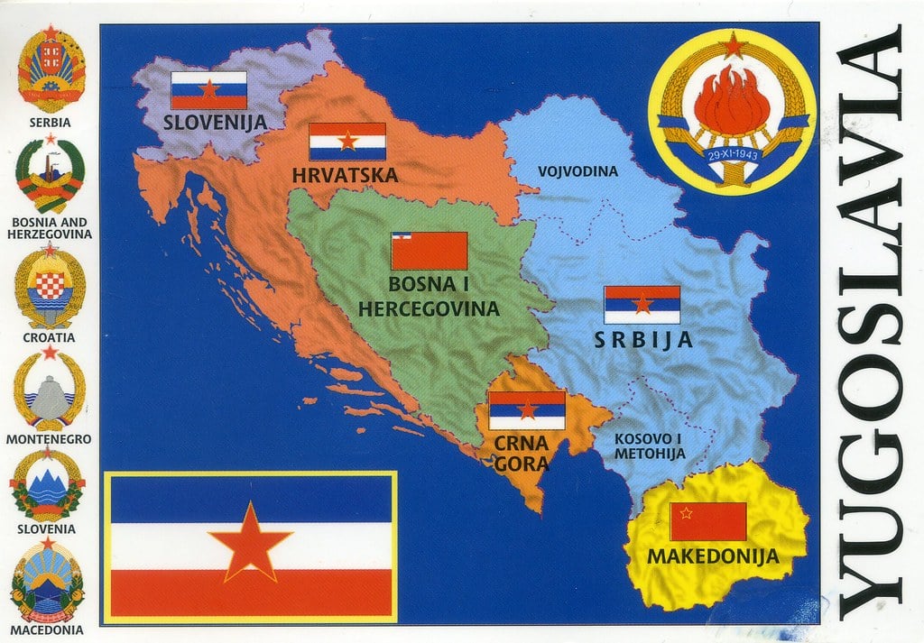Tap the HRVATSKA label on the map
click(x=345, y=174)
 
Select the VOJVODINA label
click(x=577, y=171)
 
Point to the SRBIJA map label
click(x=642, y=340)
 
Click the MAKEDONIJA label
click(x=712, y=556)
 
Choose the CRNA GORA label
click(x=521, y=454)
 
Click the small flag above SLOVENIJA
click(x=208, y=90)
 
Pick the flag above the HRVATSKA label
click(x=347, y=142)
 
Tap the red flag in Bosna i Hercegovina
click(x=429, y=251)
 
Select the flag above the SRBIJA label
click(x=642, y=305)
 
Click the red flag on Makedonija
click(x=708, y=521)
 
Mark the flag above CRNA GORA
click(x=527, y=410)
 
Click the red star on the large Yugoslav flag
click(x=250, y=541)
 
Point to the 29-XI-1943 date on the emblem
click(x=733, y=154)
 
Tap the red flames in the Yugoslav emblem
click(x=732, y=101)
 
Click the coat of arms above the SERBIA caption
click(x=51, y=70)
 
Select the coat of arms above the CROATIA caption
click(x=51, y=289)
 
